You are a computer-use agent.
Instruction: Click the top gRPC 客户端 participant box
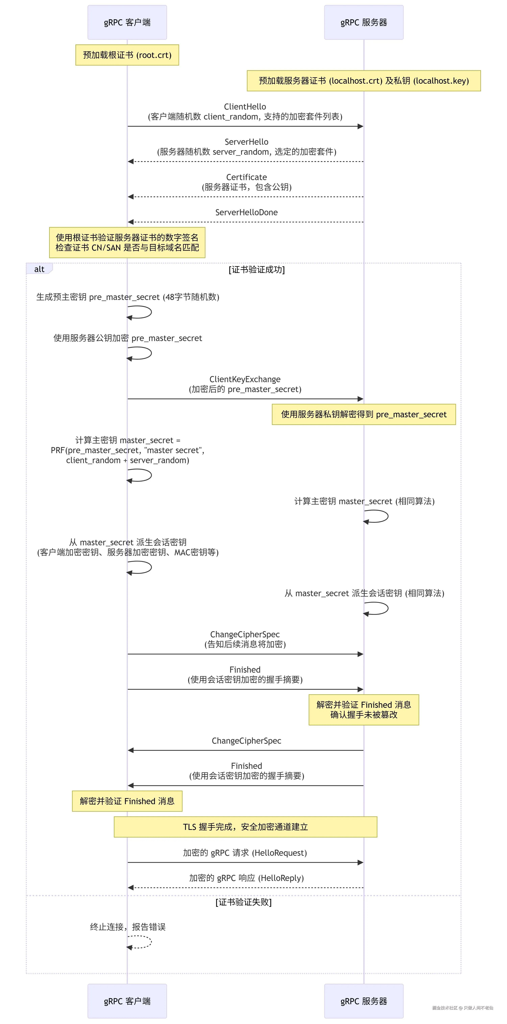[x=127, y=22]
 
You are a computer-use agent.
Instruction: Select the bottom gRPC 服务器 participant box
[x=364, y=1001]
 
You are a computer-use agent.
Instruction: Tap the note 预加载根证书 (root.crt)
[x=127, y=55]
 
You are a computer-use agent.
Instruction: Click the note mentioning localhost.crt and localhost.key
[x=364, y=81]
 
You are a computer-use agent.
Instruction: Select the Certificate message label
[x=246, y=177]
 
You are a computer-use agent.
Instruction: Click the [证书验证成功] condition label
[x=257, y=270]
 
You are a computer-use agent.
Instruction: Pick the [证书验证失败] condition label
[x=244, y=902]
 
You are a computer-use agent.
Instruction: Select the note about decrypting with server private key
[x=364, y=414]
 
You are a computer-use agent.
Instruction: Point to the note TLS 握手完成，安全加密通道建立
[x=245, y=827]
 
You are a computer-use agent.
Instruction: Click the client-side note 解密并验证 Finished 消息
[x=127, y=801]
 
